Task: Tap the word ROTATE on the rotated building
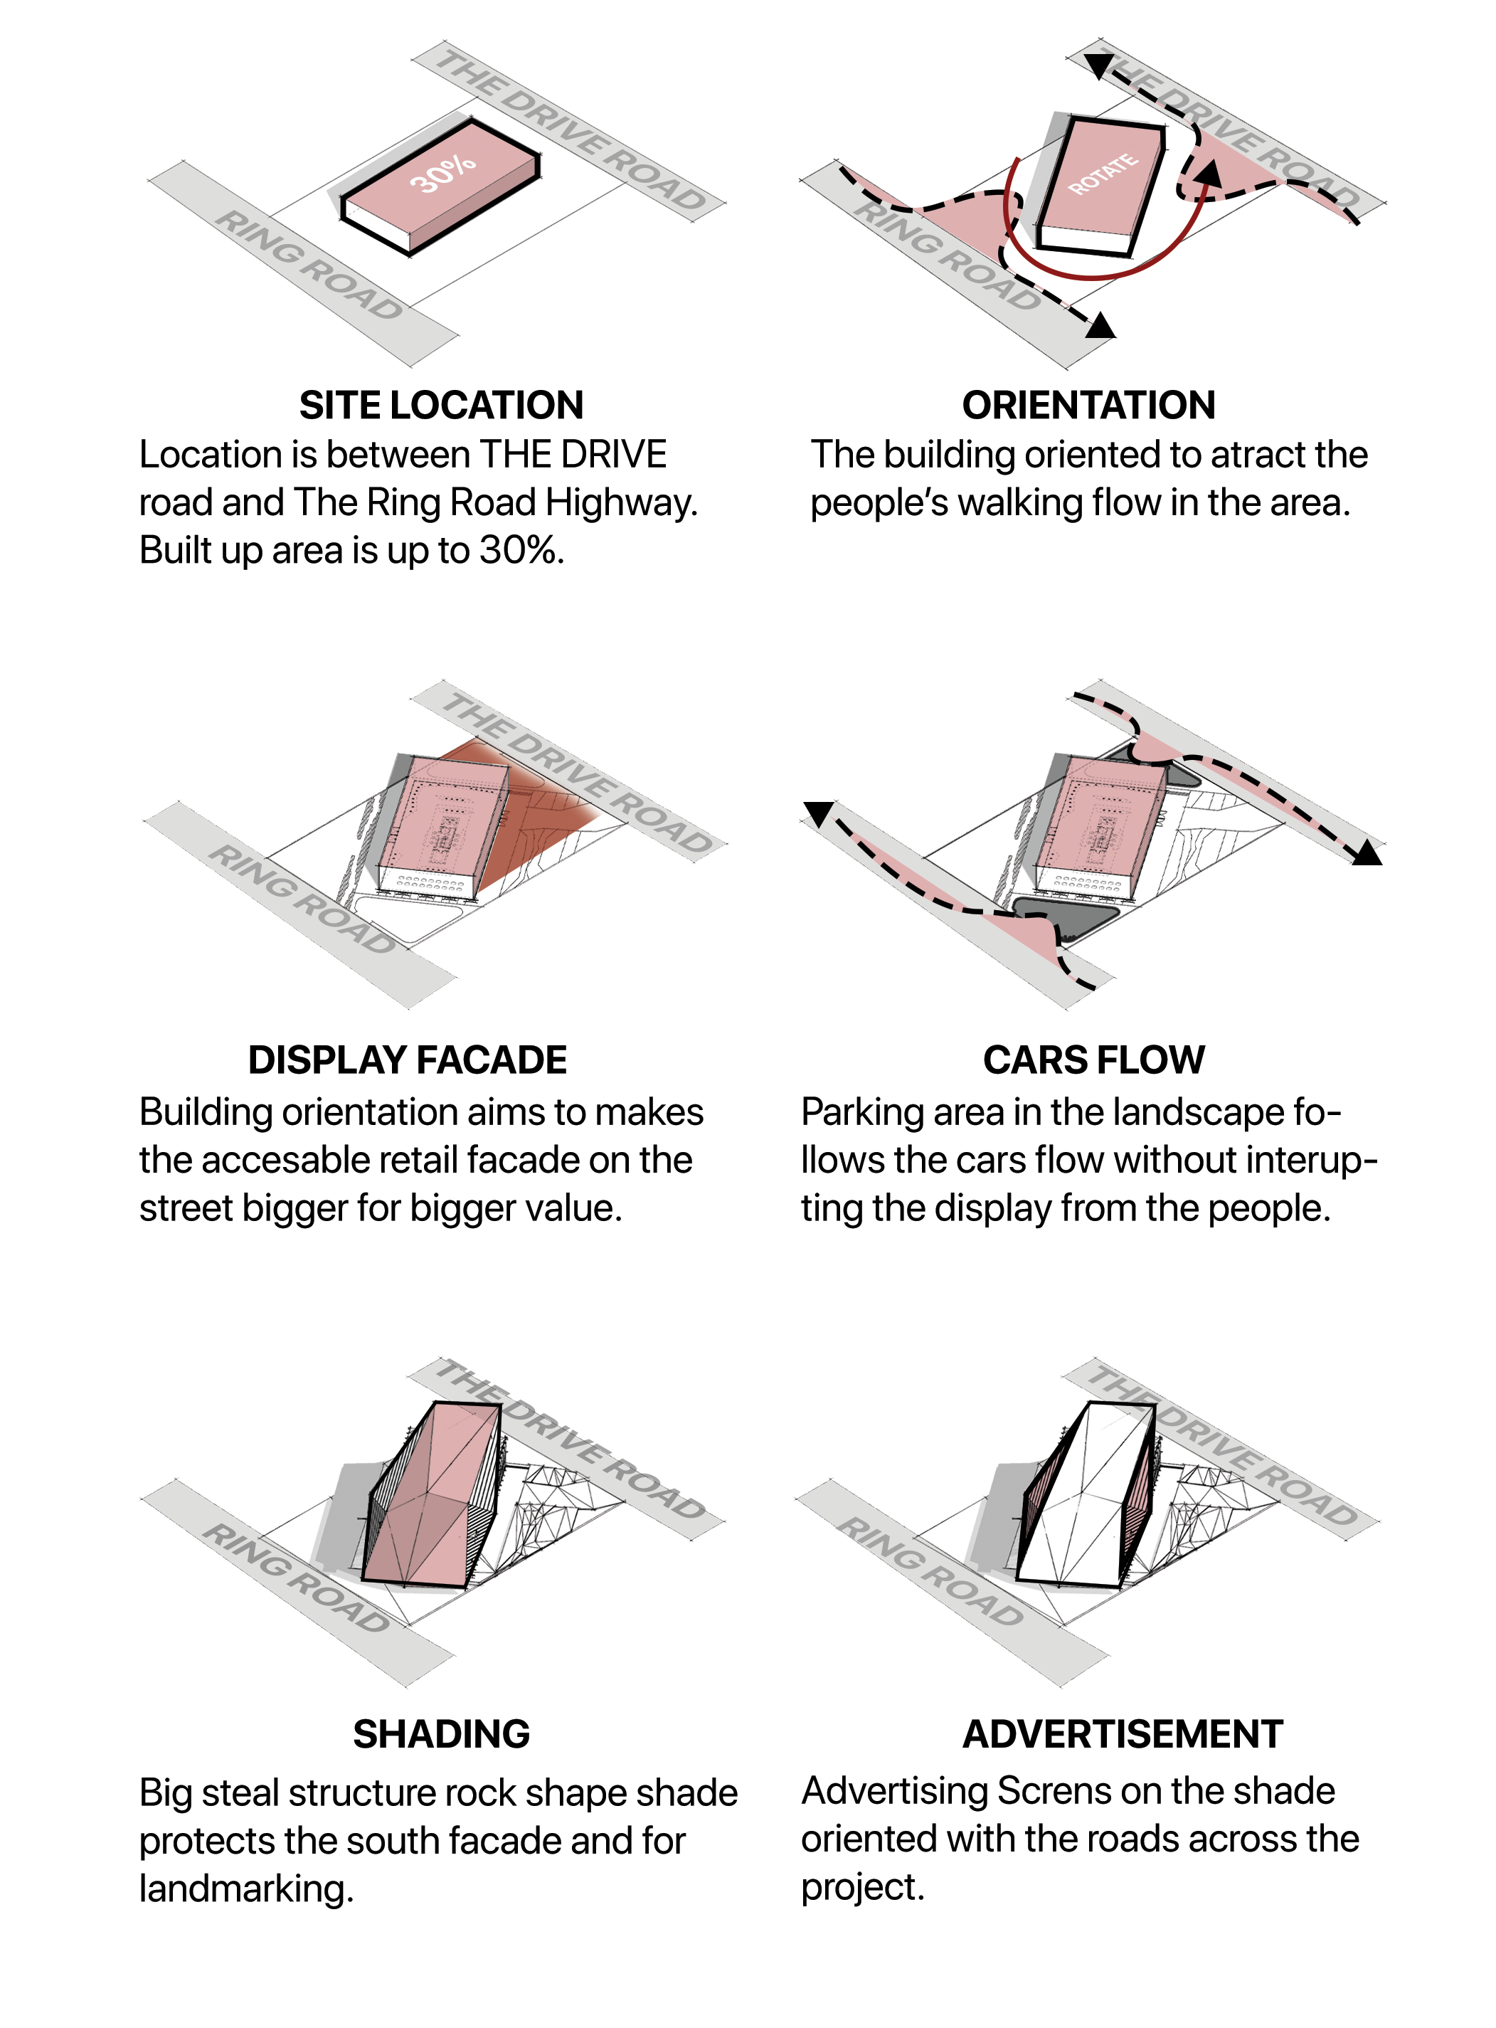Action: pos(1103,174)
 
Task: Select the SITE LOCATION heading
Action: pos(441,405)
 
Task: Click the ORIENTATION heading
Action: pos(1088,405)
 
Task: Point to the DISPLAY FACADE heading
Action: pos(408,1060)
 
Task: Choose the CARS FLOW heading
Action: pos(1094,1060)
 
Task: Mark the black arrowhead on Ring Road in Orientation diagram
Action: pos(1101,325)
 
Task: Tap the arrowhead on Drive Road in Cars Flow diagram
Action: pos(1367,852)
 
